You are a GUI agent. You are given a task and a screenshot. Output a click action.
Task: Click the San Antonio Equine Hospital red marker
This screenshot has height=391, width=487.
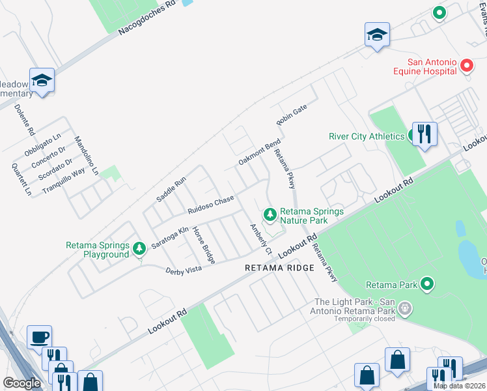click(466, 66)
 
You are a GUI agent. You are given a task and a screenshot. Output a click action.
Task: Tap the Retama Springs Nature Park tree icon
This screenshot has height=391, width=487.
click(270, 214)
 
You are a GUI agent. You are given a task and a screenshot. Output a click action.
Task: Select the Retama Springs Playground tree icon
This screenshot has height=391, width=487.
click(138, 248)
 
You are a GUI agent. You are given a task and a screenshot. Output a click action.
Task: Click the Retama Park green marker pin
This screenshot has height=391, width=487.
click(427, 283)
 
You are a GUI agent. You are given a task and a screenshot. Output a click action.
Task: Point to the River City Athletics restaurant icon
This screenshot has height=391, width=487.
click(424, 134)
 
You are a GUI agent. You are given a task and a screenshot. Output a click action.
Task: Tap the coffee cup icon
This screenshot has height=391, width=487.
click(39, 337)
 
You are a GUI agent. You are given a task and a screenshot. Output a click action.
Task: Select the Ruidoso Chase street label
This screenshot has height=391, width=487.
click(210, 205)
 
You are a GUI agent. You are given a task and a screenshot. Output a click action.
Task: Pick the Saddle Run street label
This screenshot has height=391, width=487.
click(171, 189)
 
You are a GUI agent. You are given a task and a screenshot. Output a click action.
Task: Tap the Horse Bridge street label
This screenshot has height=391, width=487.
click(203, 245)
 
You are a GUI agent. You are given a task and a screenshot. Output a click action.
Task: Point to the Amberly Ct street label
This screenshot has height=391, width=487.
click(260, 239)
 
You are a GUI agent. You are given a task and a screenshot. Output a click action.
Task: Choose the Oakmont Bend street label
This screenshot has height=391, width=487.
click(259, 152)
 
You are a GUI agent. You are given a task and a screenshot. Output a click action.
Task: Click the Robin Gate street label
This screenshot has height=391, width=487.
click(291, 115)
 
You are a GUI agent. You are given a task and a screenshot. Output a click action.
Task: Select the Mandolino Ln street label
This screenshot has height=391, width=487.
click(85, 155)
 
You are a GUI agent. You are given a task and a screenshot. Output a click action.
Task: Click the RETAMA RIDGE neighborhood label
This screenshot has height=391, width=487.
click(279, 268)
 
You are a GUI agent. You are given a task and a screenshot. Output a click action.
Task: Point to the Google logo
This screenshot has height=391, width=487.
click(21, 383)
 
